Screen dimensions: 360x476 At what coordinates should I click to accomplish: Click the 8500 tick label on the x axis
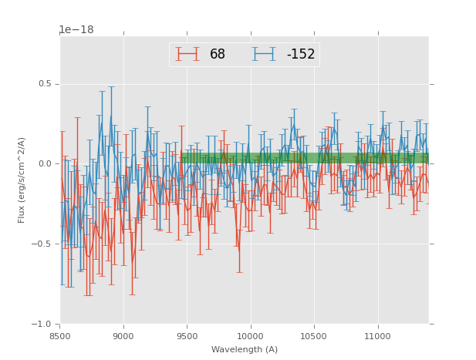tap(60, 336)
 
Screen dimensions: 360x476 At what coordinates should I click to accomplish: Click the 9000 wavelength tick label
tap(123, 336)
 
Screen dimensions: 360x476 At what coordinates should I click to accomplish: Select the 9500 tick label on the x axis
tap(187, 336)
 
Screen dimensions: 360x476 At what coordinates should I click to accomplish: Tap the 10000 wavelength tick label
tap(250, 336)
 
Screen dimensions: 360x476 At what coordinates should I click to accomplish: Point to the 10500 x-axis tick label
tap(314, 336)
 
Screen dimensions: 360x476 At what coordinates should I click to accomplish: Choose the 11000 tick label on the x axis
tap(377, 336)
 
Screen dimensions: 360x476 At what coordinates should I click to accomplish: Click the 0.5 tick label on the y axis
tap(46, 84)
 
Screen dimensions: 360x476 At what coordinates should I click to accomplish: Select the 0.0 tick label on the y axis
tap(46, 164)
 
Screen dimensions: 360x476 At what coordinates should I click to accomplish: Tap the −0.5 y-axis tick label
tap(43, 244)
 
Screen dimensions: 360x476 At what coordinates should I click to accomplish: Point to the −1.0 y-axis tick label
tap(43, 324)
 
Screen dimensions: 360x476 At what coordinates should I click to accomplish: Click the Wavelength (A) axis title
tap(245, 349)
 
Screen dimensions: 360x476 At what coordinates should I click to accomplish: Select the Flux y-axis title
tap(22, 180)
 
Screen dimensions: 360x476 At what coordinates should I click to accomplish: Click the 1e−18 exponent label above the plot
tap(76, 30)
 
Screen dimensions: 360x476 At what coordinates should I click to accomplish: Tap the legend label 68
tap(218, 55)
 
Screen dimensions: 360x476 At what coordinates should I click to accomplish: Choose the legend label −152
tap(300, 55)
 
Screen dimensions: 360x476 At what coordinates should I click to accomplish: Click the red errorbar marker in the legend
tap(187, 54)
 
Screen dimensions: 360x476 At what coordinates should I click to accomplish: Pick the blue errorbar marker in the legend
tap(264, 54)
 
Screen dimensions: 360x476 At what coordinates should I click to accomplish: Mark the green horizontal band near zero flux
tap(309, 158)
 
